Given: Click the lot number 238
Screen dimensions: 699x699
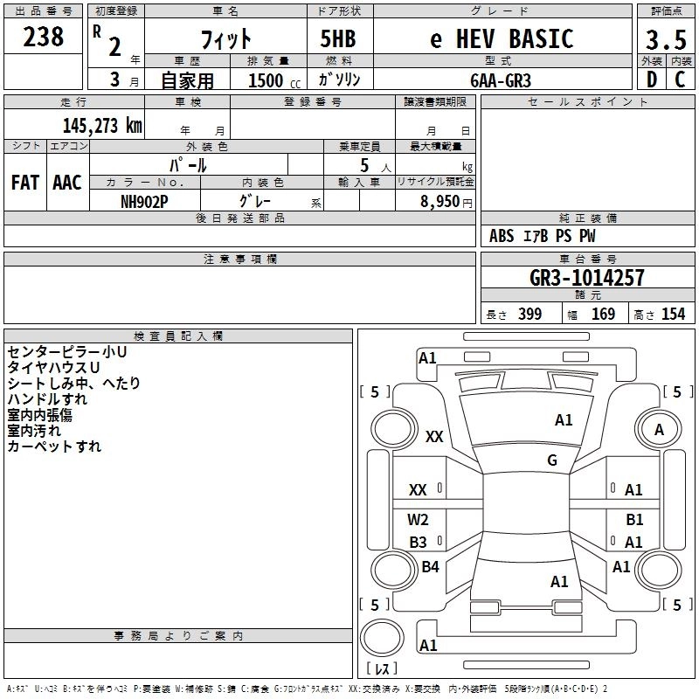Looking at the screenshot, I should pyautogui.click(x=44, y=37).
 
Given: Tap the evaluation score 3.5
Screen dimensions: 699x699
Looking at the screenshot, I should pyautogui.click(x=666, y=40).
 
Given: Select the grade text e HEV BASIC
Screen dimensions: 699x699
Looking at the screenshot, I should pyautogui.click(x=502, y=39).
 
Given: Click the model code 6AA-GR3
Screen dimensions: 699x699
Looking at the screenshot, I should pyautogui.click(x=500, y=80).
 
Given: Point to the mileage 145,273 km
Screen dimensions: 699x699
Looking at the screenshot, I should pyautogui.click(x=101, y=125).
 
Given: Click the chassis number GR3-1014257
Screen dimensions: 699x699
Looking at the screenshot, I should pyautogui.click(x=587, y=278).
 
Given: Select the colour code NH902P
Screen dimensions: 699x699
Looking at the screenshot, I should pyautogui.click(x=144, y=200).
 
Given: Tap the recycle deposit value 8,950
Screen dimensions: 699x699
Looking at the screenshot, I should pyautogui.click(x=441, y=201).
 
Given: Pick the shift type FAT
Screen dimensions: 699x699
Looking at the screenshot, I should pyautogui.click(x=24, y=183).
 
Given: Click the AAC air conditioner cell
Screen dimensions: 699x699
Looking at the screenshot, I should pyautogui.click(x=66, y=183).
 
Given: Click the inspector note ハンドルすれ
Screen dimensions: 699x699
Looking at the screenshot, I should pyautogui.click(x=47, y=399).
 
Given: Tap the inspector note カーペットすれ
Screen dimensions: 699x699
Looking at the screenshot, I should pyautogui.click(x=54, y=446).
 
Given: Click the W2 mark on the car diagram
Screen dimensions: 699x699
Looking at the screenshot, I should pyautogui.click(x=419, y=520).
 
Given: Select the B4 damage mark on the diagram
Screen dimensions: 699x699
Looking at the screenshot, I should pyautogui.click(x=430, y=567).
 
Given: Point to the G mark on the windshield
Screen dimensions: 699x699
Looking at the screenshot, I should pyautogui.click(x=552, y=460).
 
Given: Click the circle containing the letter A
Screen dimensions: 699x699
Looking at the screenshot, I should pyautogui.click(x=659, y=430).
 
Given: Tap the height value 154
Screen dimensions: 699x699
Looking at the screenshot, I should pyautogui.click(x=674, y=315).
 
